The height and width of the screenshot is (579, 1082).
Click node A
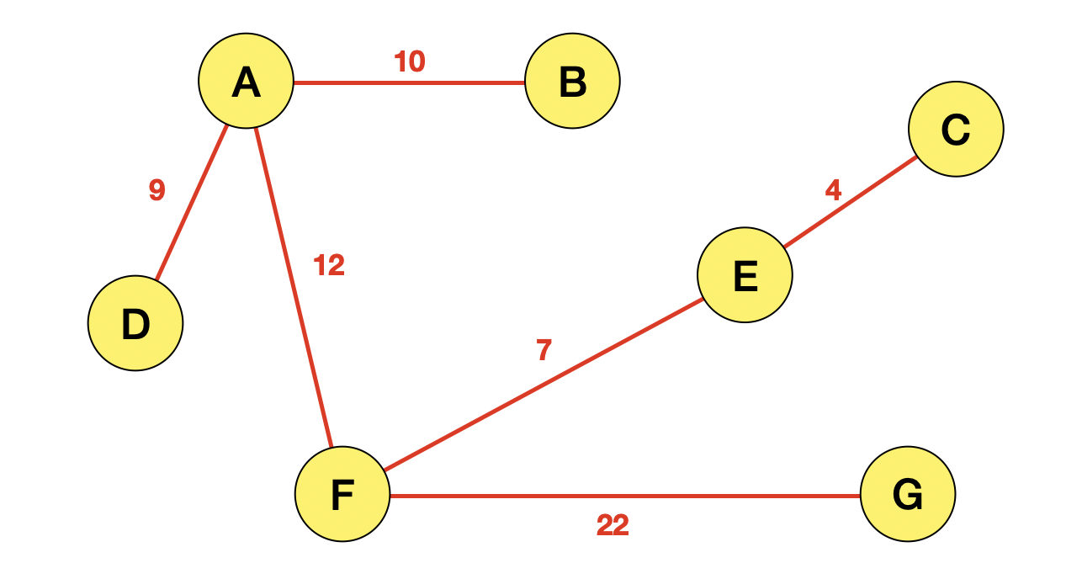(246, 82)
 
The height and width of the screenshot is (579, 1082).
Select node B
(572, 82)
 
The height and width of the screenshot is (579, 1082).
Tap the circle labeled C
(956, 129)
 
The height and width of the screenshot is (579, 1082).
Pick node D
(135, 323)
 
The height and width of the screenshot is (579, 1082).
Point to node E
(745, 274)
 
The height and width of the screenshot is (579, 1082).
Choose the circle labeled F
(342, 494)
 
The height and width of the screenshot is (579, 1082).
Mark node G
(908, 494)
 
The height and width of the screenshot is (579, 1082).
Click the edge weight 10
(410, 61)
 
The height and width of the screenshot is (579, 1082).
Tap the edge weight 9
(156, 191)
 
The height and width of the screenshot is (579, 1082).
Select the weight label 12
(329, 266)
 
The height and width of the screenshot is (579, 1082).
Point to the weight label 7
(544, 350)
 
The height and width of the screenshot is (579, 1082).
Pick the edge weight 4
(833, 191)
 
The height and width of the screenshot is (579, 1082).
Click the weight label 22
(613, 526)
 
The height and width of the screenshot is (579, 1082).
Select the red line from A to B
(409, 82)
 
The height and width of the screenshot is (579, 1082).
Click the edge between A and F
(294, 286)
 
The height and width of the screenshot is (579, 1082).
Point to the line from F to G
(626, 496)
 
